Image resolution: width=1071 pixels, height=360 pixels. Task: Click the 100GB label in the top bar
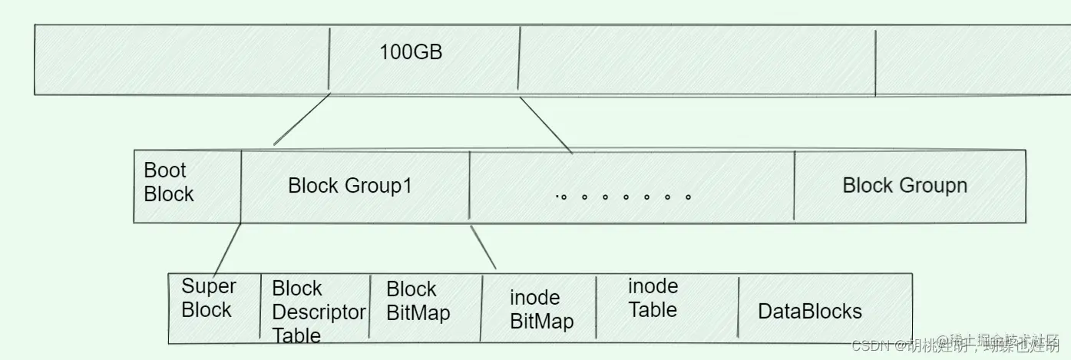click(x=411, y=53)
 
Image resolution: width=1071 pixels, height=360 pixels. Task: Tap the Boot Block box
click(x=187, y=186)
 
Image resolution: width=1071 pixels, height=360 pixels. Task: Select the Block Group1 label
click(x=350, y=186)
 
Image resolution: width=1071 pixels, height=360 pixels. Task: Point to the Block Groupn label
click(x=904, y=185)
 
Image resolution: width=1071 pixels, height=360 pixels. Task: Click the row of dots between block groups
click(x=623, y=197)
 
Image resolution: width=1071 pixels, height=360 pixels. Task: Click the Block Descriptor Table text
click(x=318, y=312)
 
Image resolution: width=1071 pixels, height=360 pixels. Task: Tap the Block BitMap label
click(x=418, y=301)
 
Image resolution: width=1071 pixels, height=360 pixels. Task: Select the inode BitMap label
click(x=541, y=309)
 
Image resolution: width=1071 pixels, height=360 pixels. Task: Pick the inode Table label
click(x=653, y=298)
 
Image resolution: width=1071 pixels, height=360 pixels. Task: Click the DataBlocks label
click(x=809, y=311)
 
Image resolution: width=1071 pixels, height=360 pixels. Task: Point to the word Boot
click(x=165, y=170)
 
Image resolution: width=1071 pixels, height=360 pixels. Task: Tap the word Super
click(x=208, y=286)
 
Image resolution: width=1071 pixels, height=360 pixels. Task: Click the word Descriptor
click(x=319, y=312)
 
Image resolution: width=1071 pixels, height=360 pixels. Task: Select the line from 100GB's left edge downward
click(x=302, y=120)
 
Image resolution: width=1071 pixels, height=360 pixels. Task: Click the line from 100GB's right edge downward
click(x=545, y=124)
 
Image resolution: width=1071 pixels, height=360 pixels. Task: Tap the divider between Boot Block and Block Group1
click(x=241, y=186)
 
